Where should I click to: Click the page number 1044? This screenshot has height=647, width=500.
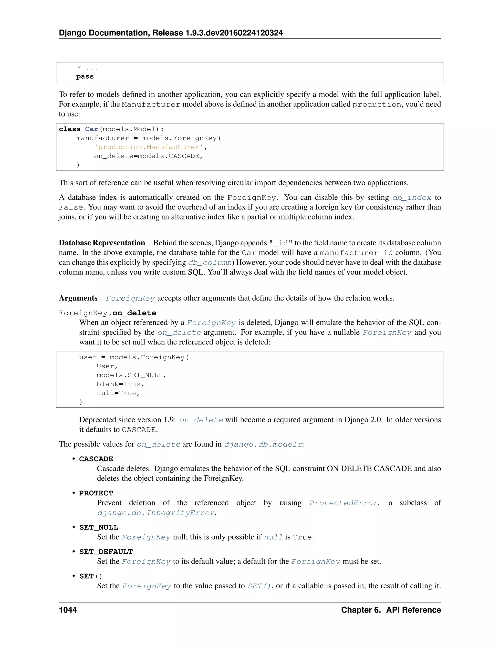click(x=68, y=610)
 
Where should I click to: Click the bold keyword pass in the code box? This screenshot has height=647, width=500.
click(x=85, y=76)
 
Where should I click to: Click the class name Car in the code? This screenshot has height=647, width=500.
click(x=92, y=129)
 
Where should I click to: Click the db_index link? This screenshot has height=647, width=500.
click(x=412, y=198)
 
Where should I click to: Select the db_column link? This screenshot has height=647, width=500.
click(x=210, y=262)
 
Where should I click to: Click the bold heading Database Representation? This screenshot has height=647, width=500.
click(x=102, y=243)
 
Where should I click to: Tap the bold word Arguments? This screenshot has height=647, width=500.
click(x=78, y=298)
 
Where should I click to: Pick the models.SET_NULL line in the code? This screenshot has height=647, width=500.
click(x=131, y=375)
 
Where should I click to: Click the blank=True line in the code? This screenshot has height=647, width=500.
click(x=120, y=384)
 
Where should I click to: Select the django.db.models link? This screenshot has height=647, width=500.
click(x=263, y=444)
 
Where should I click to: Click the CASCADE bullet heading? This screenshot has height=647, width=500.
click(x=96, y=459)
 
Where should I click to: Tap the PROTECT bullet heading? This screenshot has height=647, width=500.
click(x=96, y=493)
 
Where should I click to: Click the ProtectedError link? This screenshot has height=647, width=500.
click(x=343, y=503)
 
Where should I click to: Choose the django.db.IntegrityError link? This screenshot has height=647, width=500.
click(x=156, y=513)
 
